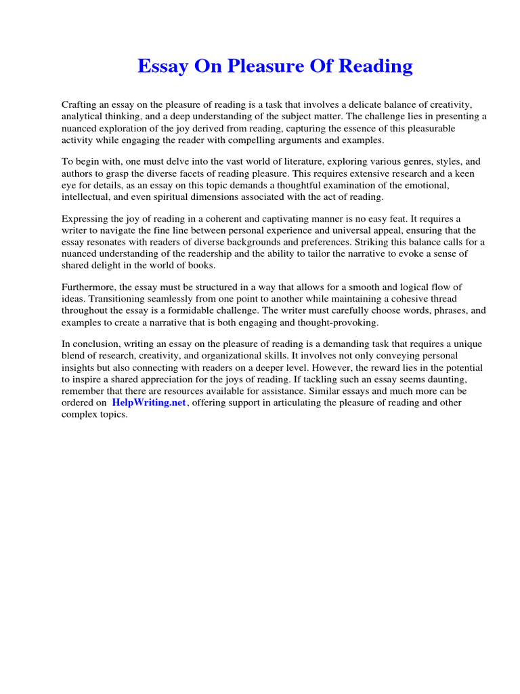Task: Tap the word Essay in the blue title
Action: [162, 66]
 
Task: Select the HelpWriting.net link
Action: [148, 403]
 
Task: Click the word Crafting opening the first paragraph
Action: [80, 105]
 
